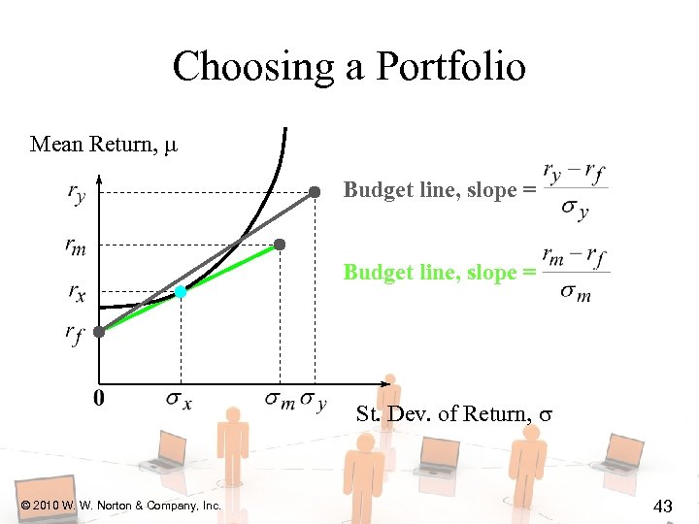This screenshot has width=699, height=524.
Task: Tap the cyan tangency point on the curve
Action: (181, 291)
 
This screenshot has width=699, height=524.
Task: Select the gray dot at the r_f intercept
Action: (99, 331)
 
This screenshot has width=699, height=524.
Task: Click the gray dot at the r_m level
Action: (280, 245)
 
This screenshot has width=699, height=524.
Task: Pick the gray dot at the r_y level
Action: (315, 192)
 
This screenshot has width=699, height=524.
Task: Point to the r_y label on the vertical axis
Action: (76, 194)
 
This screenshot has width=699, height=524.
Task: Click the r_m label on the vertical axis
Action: (76, 246)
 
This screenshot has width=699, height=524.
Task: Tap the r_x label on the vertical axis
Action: (76, 290)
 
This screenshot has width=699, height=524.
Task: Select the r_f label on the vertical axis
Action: (75, 334)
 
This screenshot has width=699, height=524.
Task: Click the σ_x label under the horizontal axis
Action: (179, 399)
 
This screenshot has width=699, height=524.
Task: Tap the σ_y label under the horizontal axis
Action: (314, 399)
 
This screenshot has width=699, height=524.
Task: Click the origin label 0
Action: (99, 398)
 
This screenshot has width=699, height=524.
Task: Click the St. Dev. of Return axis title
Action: (454, 414)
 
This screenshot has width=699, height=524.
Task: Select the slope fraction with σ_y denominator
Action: (575, 190)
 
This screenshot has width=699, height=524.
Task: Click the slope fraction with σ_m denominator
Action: (576, 273)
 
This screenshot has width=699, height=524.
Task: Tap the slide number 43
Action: (664, 505)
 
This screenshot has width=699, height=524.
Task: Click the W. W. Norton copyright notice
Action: (121, 506)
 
